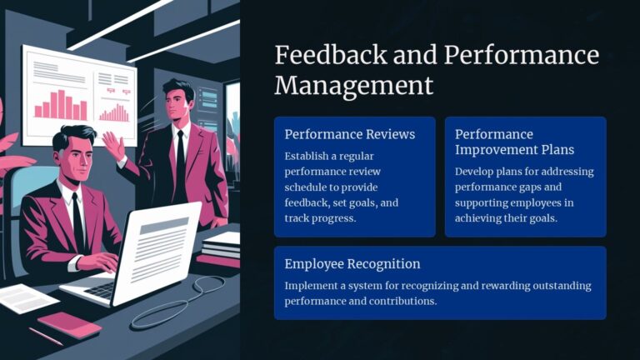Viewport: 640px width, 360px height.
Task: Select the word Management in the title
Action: pos(354,85)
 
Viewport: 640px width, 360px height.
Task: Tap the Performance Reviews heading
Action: pos(349,134)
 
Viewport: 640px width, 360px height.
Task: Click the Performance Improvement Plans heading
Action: pos(515,142)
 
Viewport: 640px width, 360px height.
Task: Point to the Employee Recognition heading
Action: pos(352,264)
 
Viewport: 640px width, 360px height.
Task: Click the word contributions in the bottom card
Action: pos(395,301)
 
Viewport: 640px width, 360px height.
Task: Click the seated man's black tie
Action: pos(77,218)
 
